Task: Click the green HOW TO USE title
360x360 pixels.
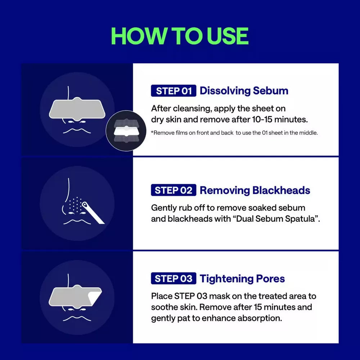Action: coord(180,36)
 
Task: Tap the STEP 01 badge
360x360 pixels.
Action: coord(174,91)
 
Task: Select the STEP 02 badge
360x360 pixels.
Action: coord(174,190)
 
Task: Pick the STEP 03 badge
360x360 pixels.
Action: coord(174,278)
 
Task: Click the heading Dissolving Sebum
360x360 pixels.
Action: coord(244,91)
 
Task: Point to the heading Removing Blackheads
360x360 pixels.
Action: coord(255,190)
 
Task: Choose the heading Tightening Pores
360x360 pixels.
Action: coord(242,279)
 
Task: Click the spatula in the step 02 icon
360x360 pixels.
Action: coord(93,212)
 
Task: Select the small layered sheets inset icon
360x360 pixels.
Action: coord(126,131)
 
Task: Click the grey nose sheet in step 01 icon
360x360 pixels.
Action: coord(77,109)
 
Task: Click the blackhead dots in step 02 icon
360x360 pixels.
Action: coord(75,204)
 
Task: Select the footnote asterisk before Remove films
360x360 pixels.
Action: coord(152,132)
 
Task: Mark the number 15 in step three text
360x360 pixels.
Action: coord(258,307)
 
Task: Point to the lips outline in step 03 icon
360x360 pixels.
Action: coord(77,319)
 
